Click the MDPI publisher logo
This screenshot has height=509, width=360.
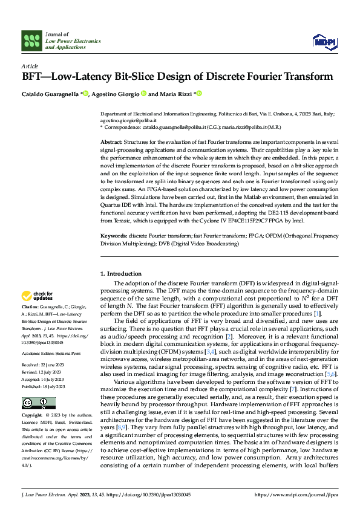coord(324,41)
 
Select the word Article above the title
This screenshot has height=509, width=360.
coord(30,66)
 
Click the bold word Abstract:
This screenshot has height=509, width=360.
coord(113,141)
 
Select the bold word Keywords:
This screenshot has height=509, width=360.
coord(114,235)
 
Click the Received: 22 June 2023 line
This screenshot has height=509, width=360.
coord(44,348)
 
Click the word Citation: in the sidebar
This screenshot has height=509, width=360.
coord(31,308)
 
